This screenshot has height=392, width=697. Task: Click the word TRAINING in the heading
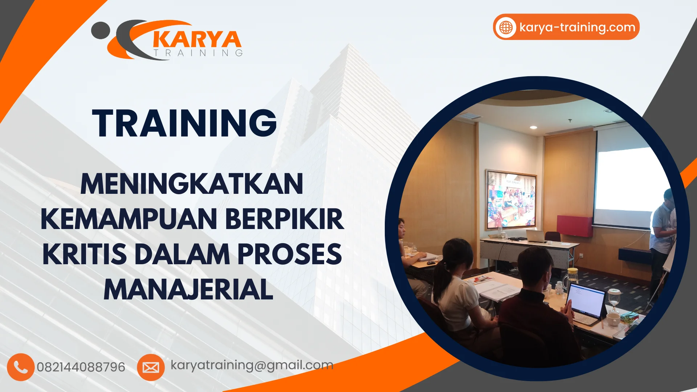point(184,123)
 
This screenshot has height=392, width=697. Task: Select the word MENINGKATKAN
point(192,184)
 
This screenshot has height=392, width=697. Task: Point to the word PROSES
point(289,254)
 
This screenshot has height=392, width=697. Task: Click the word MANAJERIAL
point(188,289)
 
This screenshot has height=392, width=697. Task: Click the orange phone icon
point(21,367)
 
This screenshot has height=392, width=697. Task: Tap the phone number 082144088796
point(81,367)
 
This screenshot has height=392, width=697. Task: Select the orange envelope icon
point(151,367)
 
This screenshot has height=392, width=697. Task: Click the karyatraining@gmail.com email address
point(252,365)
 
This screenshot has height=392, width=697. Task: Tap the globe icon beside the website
point(506,27)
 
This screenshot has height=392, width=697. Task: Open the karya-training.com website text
point(577,27)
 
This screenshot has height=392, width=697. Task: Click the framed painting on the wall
point(511,200)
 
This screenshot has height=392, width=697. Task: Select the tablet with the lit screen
point(585,301)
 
